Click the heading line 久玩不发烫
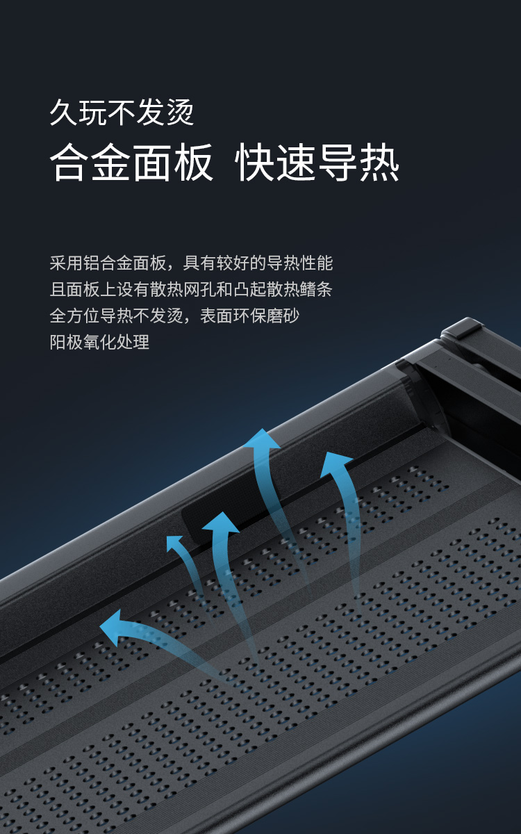click(122, 112)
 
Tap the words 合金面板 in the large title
click(131, 163)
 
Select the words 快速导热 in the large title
click(317, 163)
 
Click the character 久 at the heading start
click(63, 112)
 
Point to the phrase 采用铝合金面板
click(108, 263)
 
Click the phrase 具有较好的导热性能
click(258, 263)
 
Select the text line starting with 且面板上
click(191, 289)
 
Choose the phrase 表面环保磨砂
click(249, 316)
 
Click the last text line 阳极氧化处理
click(99, 342)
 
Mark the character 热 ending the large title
click(379, 163)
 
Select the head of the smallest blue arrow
click(174, 543)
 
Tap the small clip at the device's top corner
click(463, 328)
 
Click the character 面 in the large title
click(151, 163)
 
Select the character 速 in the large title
click(297, 163)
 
